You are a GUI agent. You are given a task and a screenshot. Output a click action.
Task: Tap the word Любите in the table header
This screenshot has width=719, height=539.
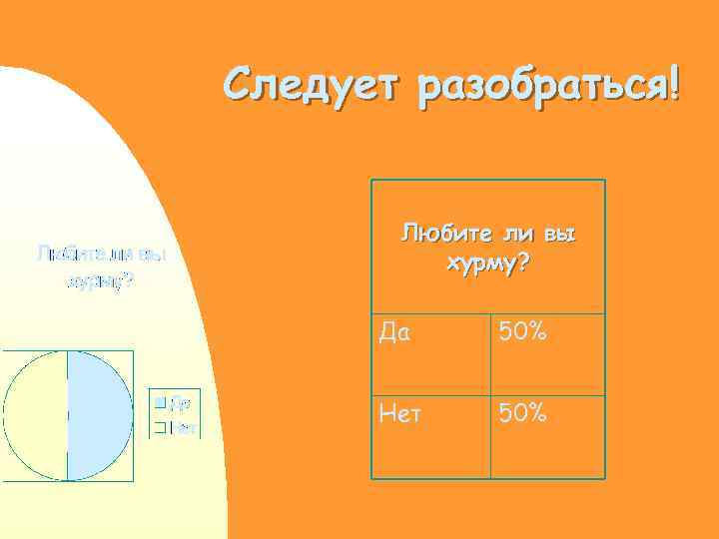coord(435,235)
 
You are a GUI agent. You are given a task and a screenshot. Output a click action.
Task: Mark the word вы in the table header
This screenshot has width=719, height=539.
coord(561,235)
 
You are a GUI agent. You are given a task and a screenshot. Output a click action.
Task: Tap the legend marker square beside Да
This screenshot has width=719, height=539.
coord(158,403)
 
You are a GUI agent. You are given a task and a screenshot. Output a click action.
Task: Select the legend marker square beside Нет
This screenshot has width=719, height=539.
coord(158,427)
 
